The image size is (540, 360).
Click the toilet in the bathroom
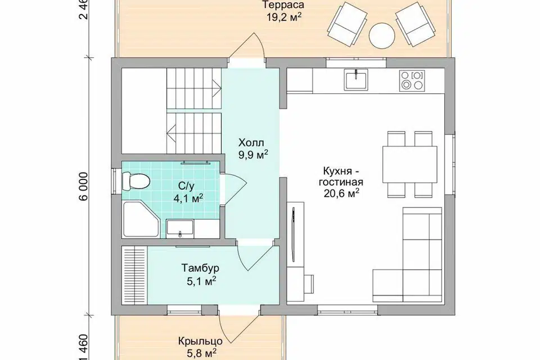136,181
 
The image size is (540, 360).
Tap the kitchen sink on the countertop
355,79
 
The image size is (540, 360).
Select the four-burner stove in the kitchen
412,80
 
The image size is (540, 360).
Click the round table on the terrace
381,36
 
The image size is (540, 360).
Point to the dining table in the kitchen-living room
410,165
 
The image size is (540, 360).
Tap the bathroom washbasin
180,228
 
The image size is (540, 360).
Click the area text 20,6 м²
341,193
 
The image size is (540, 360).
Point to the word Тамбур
200,268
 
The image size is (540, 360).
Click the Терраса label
283,5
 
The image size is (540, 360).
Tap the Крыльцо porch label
200,341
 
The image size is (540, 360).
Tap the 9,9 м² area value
254,155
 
